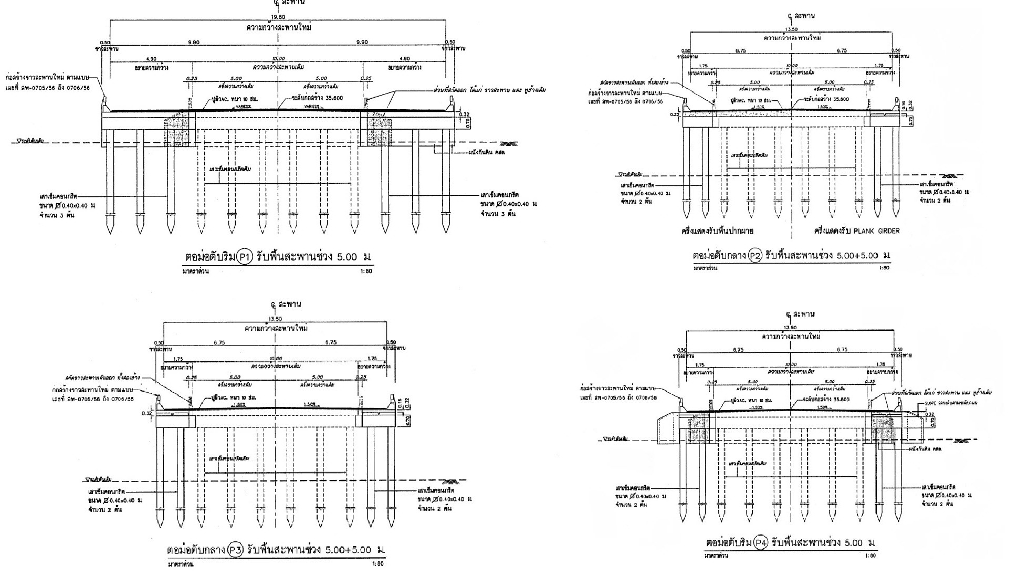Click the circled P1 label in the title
click(x=245, y=257)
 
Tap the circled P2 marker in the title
click(x=754, y=256)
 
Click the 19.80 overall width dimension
click(x=278, y=17)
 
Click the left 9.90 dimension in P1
click(x=194, y=42)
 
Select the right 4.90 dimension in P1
click(x=404, y=59)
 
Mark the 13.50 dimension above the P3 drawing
click(x=275, y=319)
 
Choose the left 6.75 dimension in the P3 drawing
click(x=219, y=342)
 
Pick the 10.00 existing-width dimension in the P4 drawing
click(x=790, y=364)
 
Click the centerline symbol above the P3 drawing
click(x=274, y=304)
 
